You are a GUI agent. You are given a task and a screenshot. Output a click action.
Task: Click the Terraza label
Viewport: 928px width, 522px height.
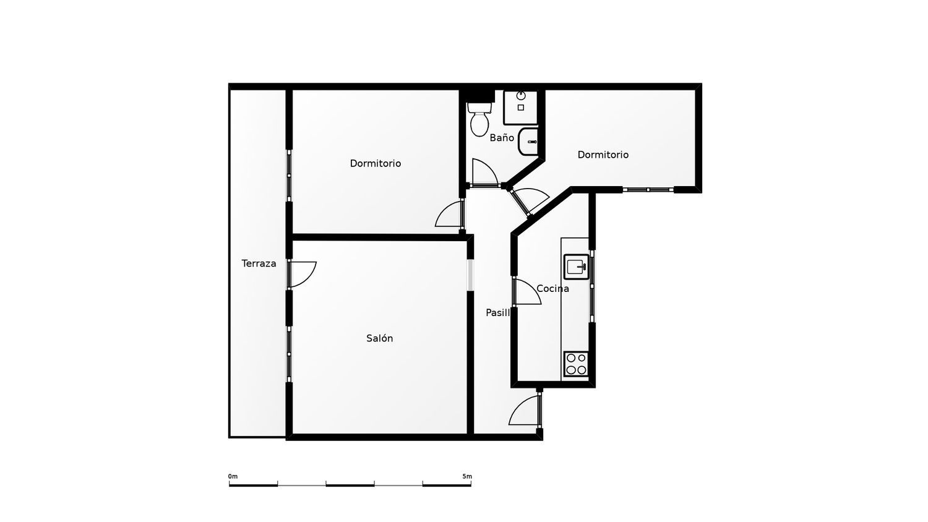point(259,263)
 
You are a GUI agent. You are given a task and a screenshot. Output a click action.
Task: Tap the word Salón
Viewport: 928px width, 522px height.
point(379,338)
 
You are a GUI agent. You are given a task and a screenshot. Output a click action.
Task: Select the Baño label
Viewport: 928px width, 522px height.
point(502,137)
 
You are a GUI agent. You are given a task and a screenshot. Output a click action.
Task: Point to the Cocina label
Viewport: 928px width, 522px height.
point(552,288)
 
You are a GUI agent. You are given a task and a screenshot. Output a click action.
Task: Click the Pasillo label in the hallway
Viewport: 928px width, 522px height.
point(499,313)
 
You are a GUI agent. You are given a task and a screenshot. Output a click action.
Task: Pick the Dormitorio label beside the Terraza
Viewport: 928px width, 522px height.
point(376,164)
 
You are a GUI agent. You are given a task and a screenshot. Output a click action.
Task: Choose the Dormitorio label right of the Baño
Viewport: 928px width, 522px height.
point(603,155)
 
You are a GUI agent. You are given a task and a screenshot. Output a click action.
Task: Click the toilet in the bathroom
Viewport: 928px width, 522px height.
point(479,119)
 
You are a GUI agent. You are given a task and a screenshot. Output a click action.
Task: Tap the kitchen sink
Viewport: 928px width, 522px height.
point(576,267)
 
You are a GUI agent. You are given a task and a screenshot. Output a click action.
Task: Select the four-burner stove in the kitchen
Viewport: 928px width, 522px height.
point(576,364)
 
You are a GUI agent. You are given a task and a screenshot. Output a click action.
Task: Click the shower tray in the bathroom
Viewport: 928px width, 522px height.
point(521,107)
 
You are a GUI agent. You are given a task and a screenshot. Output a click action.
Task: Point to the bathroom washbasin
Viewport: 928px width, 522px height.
point(528,142)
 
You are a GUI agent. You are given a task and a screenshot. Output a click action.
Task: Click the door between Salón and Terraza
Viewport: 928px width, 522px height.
point(303,274)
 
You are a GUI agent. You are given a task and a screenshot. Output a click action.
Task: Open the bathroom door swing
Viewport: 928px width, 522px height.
point(484,173)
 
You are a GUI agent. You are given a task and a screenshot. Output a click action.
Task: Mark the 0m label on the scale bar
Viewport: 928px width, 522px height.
point(233,476)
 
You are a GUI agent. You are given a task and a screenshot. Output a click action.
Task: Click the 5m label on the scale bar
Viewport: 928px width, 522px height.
point(467,476)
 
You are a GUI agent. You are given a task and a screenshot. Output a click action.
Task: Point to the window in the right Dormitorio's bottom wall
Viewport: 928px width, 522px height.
point(648,190)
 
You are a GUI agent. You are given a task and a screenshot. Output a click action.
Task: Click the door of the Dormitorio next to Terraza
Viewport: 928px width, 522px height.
point(449,213)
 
